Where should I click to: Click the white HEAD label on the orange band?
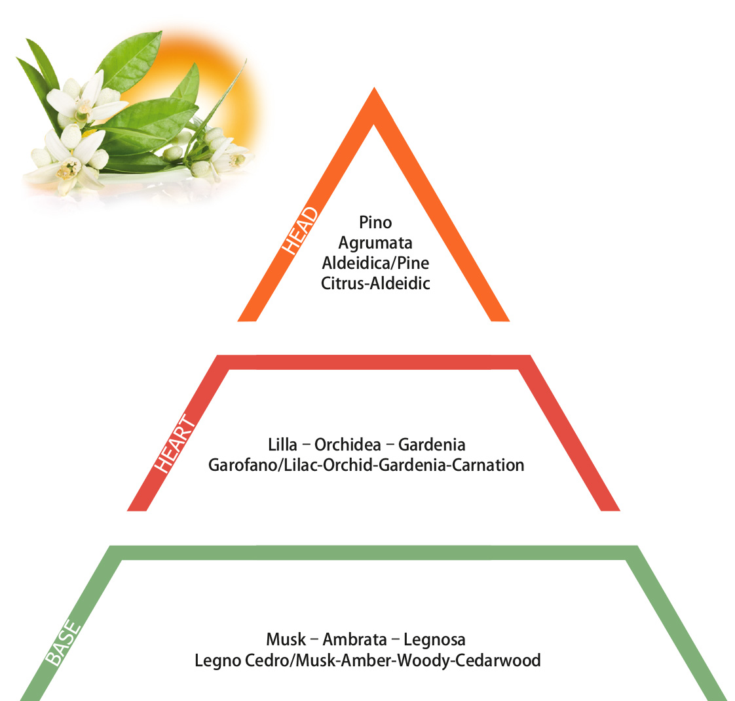pyautogui.click(x=300, y=231)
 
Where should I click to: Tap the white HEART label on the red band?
pyautogui.click(x=175, y=443)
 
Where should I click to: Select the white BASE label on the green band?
pyautogui.click(x=64, y=643)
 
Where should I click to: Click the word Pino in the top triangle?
pyautogui.click(x=375, y=222)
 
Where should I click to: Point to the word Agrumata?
pyautogui.click(x=375, y=243)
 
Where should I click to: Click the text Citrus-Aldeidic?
pyautogui.click(x=375, y=283)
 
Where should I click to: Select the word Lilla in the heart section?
pyautogui.click(x=282, y=445)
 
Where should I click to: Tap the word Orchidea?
pyautogui.click(x=347, y=445)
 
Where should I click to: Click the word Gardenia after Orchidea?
pyautogui.click(x=432, y=445)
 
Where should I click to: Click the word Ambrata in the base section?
pyautogui.click(x=355, y=639)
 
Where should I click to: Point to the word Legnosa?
pyautogui.click(x=434, y=640)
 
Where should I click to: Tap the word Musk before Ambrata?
pyautogui.click(x=286, y=639)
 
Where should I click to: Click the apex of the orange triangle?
pyautogui.click(x=374, y=88)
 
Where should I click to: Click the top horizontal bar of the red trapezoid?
pyautogui.click(x=373, y=362)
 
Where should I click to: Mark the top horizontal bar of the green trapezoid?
pyautogui.click(x=373, y=553)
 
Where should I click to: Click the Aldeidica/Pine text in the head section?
pyautogui.click(x=375, y=263)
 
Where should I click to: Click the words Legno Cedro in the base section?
pyautogui.click(x=242, y=661)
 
